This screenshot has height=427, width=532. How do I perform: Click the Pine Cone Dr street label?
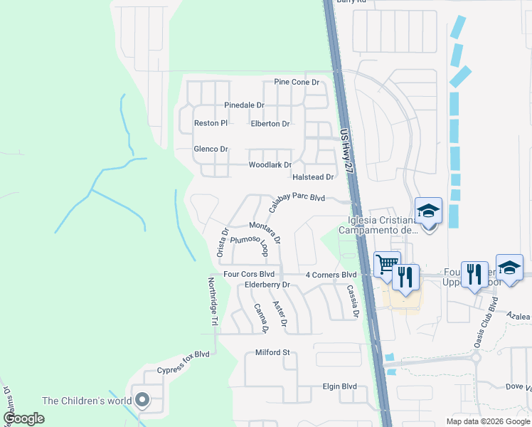pos(297,83)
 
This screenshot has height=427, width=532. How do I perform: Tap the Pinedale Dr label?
pos(244,105)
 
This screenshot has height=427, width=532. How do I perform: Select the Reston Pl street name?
pos(211,123)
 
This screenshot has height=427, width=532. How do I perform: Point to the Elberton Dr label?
pos(270,123)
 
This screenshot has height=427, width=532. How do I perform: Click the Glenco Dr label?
pos(211,149)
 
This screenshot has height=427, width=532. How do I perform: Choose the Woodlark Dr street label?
pos(270,165)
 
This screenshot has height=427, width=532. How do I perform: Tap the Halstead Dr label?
pos(312,176)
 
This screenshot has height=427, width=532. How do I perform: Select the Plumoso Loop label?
pos(248,244)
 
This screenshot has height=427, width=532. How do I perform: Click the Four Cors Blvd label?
pos(249,274)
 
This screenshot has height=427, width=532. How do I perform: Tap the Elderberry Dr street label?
pos(268,285)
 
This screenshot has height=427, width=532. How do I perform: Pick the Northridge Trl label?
pos(212,302)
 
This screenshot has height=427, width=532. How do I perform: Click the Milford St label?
pos(274,352)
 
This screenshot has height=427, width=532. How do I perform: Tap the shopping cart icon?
pos(387,264)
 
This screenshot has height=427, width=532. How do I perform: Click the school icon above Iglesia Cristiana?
pos(429,211)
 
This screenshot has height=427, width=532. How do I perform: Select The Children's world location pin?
pos(142,401)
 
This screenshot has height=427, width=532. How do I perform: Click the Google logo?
pos(23,418)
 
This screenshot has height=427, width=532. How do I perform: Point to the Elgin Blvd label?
pos(339,386)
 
